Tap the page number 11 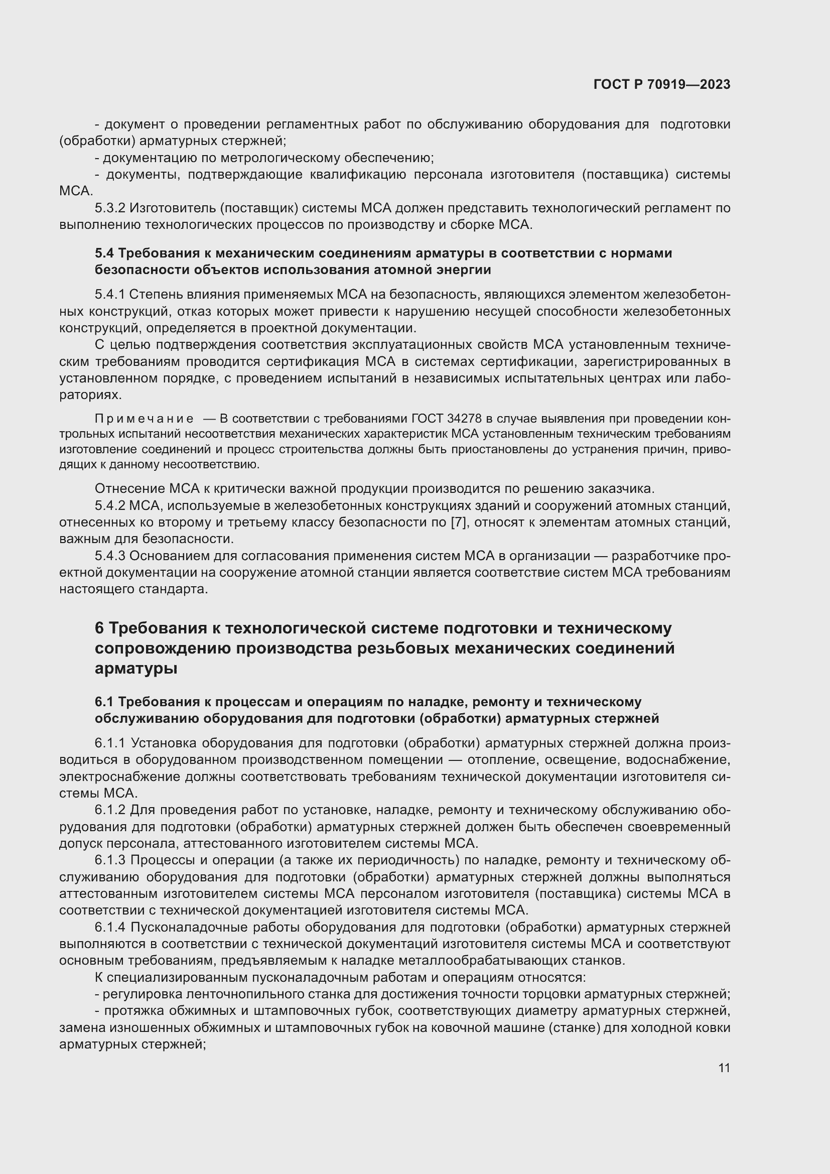pos(724,1068)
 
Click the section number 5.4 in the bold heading pos(104,253)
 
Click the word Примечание pos(144,419)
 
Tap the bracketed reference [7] pos(459,523)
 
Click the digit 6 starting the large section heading pos(99,628)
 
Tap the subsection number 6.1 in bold pos(104,702)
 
